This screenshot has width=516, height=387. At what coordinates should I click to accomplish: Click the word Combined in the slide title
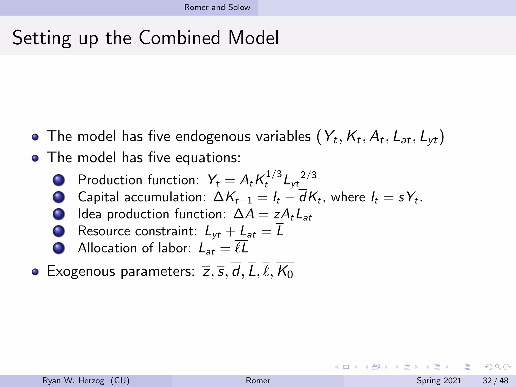(x=179, y=38)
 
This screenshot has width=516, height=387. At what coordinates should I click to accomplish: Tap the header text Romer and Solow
(x=217, y=7)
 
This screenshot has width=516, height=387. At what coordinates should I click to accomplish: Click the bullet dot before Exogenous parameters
(x=35, y=272)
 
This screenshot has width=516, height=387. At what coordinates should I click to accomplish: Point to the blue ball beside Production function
(x=59, y=180)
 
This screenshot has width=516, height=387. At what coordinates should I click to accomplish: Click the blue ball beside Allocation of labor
(x=59, y=248)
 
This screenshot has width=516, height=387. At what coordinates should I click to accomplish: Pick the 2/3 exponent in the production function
(x=308, y=175)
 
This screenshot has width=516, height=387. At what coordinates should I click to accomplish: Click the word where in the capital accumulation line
(x=348, y=197)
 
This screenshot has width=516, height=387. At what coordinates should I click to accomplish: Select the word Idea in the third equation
(x=90, y=214)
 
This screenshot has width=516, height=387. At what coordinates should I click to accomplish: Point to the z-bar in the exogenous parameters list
(x=206, y=272)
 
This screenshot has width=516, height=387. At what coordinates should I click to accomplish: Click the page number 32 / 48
(x=495, y=380)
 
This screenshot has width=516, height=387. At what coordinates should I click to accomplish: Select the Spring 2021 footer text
(x=439, y=380)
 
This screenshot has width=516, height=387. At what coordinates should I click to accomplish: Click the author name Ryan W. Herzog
(x=73, y=380)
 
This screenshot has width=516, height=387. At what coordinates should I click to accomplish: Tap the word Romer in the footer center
(x=258, y=380)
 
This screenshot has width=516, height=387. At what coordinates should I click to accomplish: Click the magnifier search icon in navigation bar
(x=498, y=367)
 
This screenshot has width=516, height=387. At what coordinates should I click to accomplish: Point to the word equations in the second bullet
(x=208, y=158)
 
